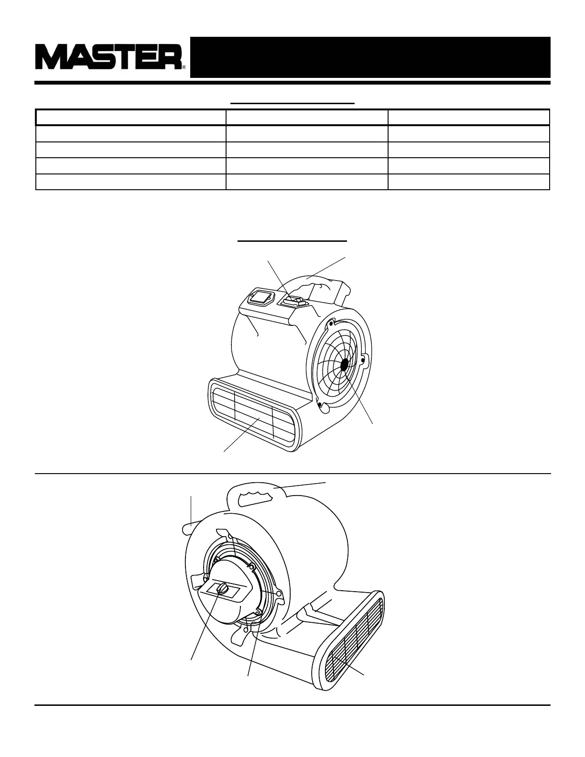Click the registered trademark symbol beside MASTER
tap(184, 67)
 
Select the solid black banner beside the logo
tap(370, 57)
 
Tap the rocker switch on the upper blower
tap(293, 301)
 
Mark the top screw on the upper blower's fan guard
tap(329, 324)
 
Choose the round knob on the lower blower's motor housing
tap(223, 589)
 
